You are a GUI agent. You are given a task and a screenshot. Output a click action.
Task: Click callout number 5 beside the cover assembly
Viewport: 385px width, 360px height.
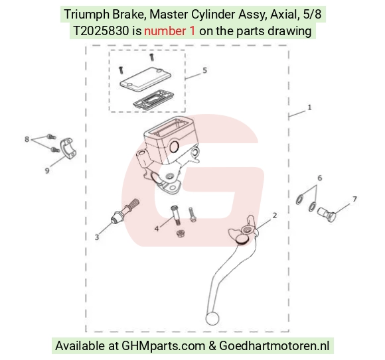click(204, 70)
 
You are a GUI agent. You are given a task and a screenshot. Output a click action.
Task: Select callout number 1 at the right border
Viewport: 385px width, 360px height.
click(309, 107)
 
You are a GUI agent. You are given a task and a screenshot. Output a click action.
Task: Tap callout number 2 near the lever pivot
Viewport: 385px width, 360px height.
click(275, 215)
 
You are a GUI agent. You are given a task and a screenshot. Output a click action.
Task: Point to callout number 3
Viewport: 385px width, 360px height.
click(97, 237)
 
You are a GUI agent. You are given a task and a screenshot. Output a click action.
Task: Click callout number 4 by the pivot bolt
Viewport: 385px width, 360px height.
click(157, 229)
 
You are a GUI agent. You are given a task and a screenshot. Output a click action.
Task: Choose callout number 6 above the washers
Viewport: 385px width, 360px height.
click(320, 178)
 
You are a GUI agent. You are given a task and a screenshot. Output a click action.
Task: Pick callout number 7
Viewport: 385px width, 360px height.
click(354, 199)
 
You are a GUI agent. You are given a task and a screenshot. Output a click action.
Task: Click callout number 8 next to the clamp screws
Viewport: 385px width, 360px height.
click(27, 139)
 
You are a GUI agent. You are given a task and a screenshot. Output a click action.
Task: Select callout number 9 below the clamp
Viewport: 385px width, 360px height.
click(47, 170)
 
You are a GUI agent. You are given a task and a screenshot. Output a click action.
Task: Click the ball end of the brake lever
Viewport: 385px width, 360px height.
click(212, 318)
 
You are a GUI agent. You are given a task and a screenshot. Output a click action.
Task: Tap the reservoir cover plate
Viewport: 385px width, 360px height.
click(145, 79)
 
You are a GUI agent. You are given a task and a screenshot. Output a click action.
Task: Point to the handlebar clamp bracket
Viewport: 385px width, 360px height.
click(68, 149)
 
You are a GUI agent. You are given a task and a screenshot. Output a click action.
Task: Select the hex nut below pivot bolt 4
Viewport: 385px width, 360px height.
click(181, 233)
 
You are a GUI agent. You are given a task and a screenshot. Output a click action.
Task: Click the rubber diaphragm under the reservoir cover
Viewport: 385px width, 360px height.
click(154, 99)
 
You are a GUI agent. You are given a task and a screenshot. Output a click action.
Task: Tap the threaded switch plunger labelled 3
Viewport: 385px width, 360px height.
click(125, 211)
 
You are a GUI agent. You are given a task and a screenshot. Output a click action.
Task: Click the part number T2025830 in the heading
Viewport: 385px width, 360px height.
click(101, 31)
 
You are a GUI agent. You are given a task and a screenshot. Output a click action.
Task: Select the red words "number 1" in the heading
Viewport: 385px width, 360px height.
click(170, 31)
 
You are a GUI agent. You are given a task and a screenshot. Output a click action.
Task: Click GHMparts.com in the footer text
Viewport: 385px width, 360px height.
click(163, 346)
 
